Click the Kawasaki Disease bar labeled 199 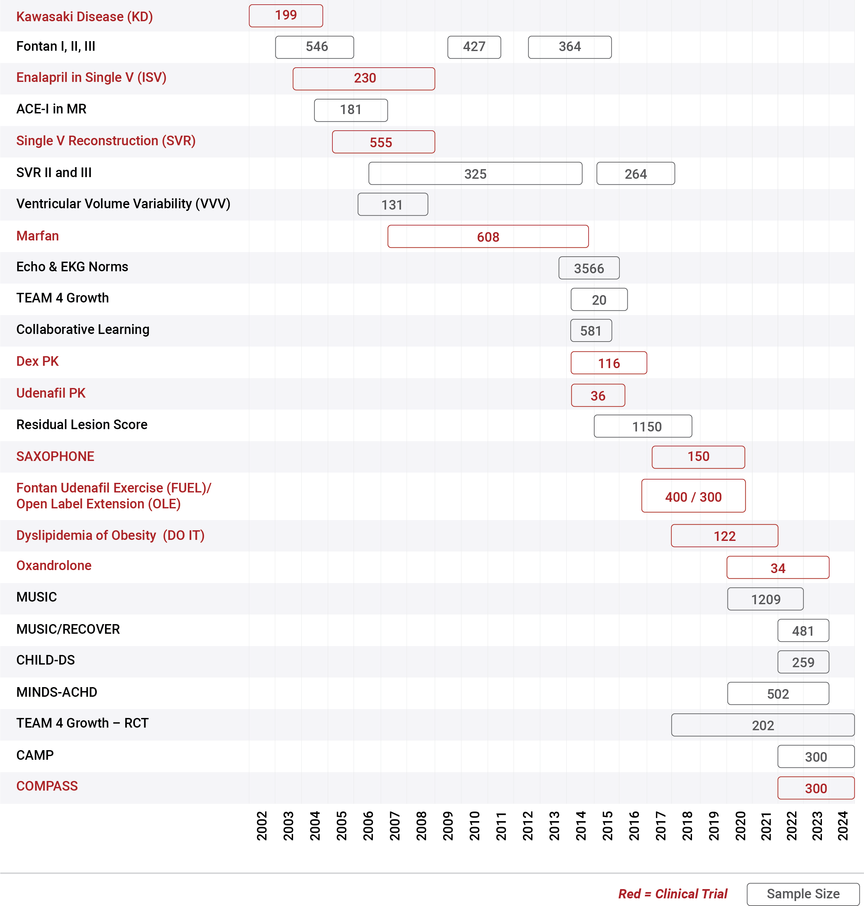[x=286, y=16]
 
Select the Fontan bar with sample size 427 [x=474, y=47]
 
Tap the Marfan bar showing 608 [x=488, y=236]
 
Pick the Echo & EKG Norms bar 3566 [x=589, y=268]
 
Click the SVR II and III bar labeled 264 [x=636, y=173]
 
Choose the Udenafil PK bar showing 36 [x=598, y=395]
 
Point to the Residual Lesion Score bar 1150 [x=643, y=426]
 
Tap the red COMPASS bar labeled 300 [x=816, y=788]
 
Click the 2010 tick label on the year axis [x=474, y=826]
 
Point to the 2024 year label [x=842, y=826]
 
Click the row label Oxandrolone [x=54, y=565]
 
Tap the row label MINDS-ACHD [x=57, y=692]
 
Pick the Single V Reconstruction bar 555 [x=383, y=142]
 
